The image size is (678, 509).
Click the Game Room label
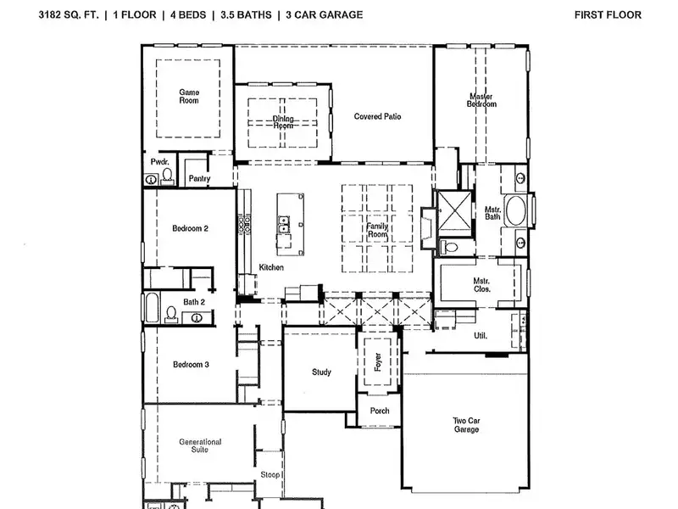(189, 96)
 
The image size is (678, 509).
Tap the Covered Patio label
(377, 116)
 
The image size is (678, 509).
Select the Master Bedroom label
(481, 100)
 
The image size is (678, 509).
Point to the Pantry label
(199, 178)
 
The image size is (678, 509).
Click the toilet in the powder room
(167, 176)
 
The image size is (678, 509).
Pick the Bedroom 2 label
(190, 228)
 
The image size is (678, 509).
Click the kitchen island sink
(283, 224)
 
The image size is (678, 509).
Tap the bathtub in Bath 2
(152, 308)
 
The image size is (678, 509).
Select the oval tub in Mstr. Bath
(515, 210)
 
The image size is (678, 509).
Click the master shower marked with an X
(454, 213)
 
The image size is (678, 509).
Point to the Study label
(321, 372)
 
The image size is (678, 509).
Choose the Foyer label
(378, 362)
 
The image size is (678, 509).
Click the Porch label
(380, 411)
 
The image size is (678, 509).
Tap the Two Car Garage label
(466, 425)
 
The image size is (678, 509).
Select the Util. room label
(481, 335)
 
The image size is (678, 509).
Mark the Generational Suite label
(200, 446)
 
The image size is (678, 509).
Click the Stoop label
(270, 475)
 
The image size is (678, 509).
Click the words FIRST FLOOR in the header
(608, 14)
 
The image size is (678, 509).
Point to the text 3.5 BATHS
(246, 14)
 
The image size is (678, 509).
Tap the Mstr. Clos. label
(481, 285)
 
